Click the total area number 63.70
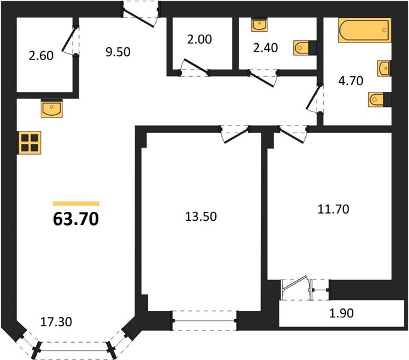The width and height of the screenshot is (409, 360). [76, 218]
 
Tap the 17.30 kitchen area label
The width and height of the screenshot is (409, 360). [56, 322]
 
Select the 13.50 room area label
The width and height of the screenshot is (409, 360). [201, 217]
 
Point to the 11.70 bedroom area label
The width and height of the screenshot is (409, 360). [333, 209]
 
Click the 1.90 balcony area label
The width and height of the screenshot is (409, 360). [341, 313]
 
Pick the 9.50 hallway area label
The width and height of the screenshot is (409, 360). [118, 52]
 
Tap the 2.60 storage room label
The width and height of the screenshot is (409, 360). [41, 56]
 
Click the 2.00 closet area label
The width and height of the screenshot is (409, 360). [200, 39]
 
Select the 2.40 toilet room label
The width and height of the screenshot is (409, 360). [266, 48]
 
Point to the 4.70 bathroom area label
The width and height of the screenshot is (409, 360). [351, 80]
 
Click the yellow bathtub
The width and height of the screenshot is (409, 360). [365, 30]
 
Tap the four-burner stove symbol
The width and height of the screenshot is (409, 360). [29, 143]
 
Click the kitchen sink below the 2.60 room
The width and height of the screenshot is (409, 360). [52, 110]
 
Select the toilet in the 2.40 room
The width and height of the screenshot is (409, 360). [305, 48]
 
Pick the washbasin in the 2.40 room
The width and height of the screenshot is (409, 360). [259, 25]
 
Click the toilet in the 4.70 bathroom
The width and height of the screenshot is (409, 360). [380, 100]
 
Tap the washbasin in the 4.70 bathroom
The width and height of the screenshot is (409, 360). [384, 68]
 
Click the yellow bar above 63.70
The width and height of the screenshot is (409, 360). [76, 203]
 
